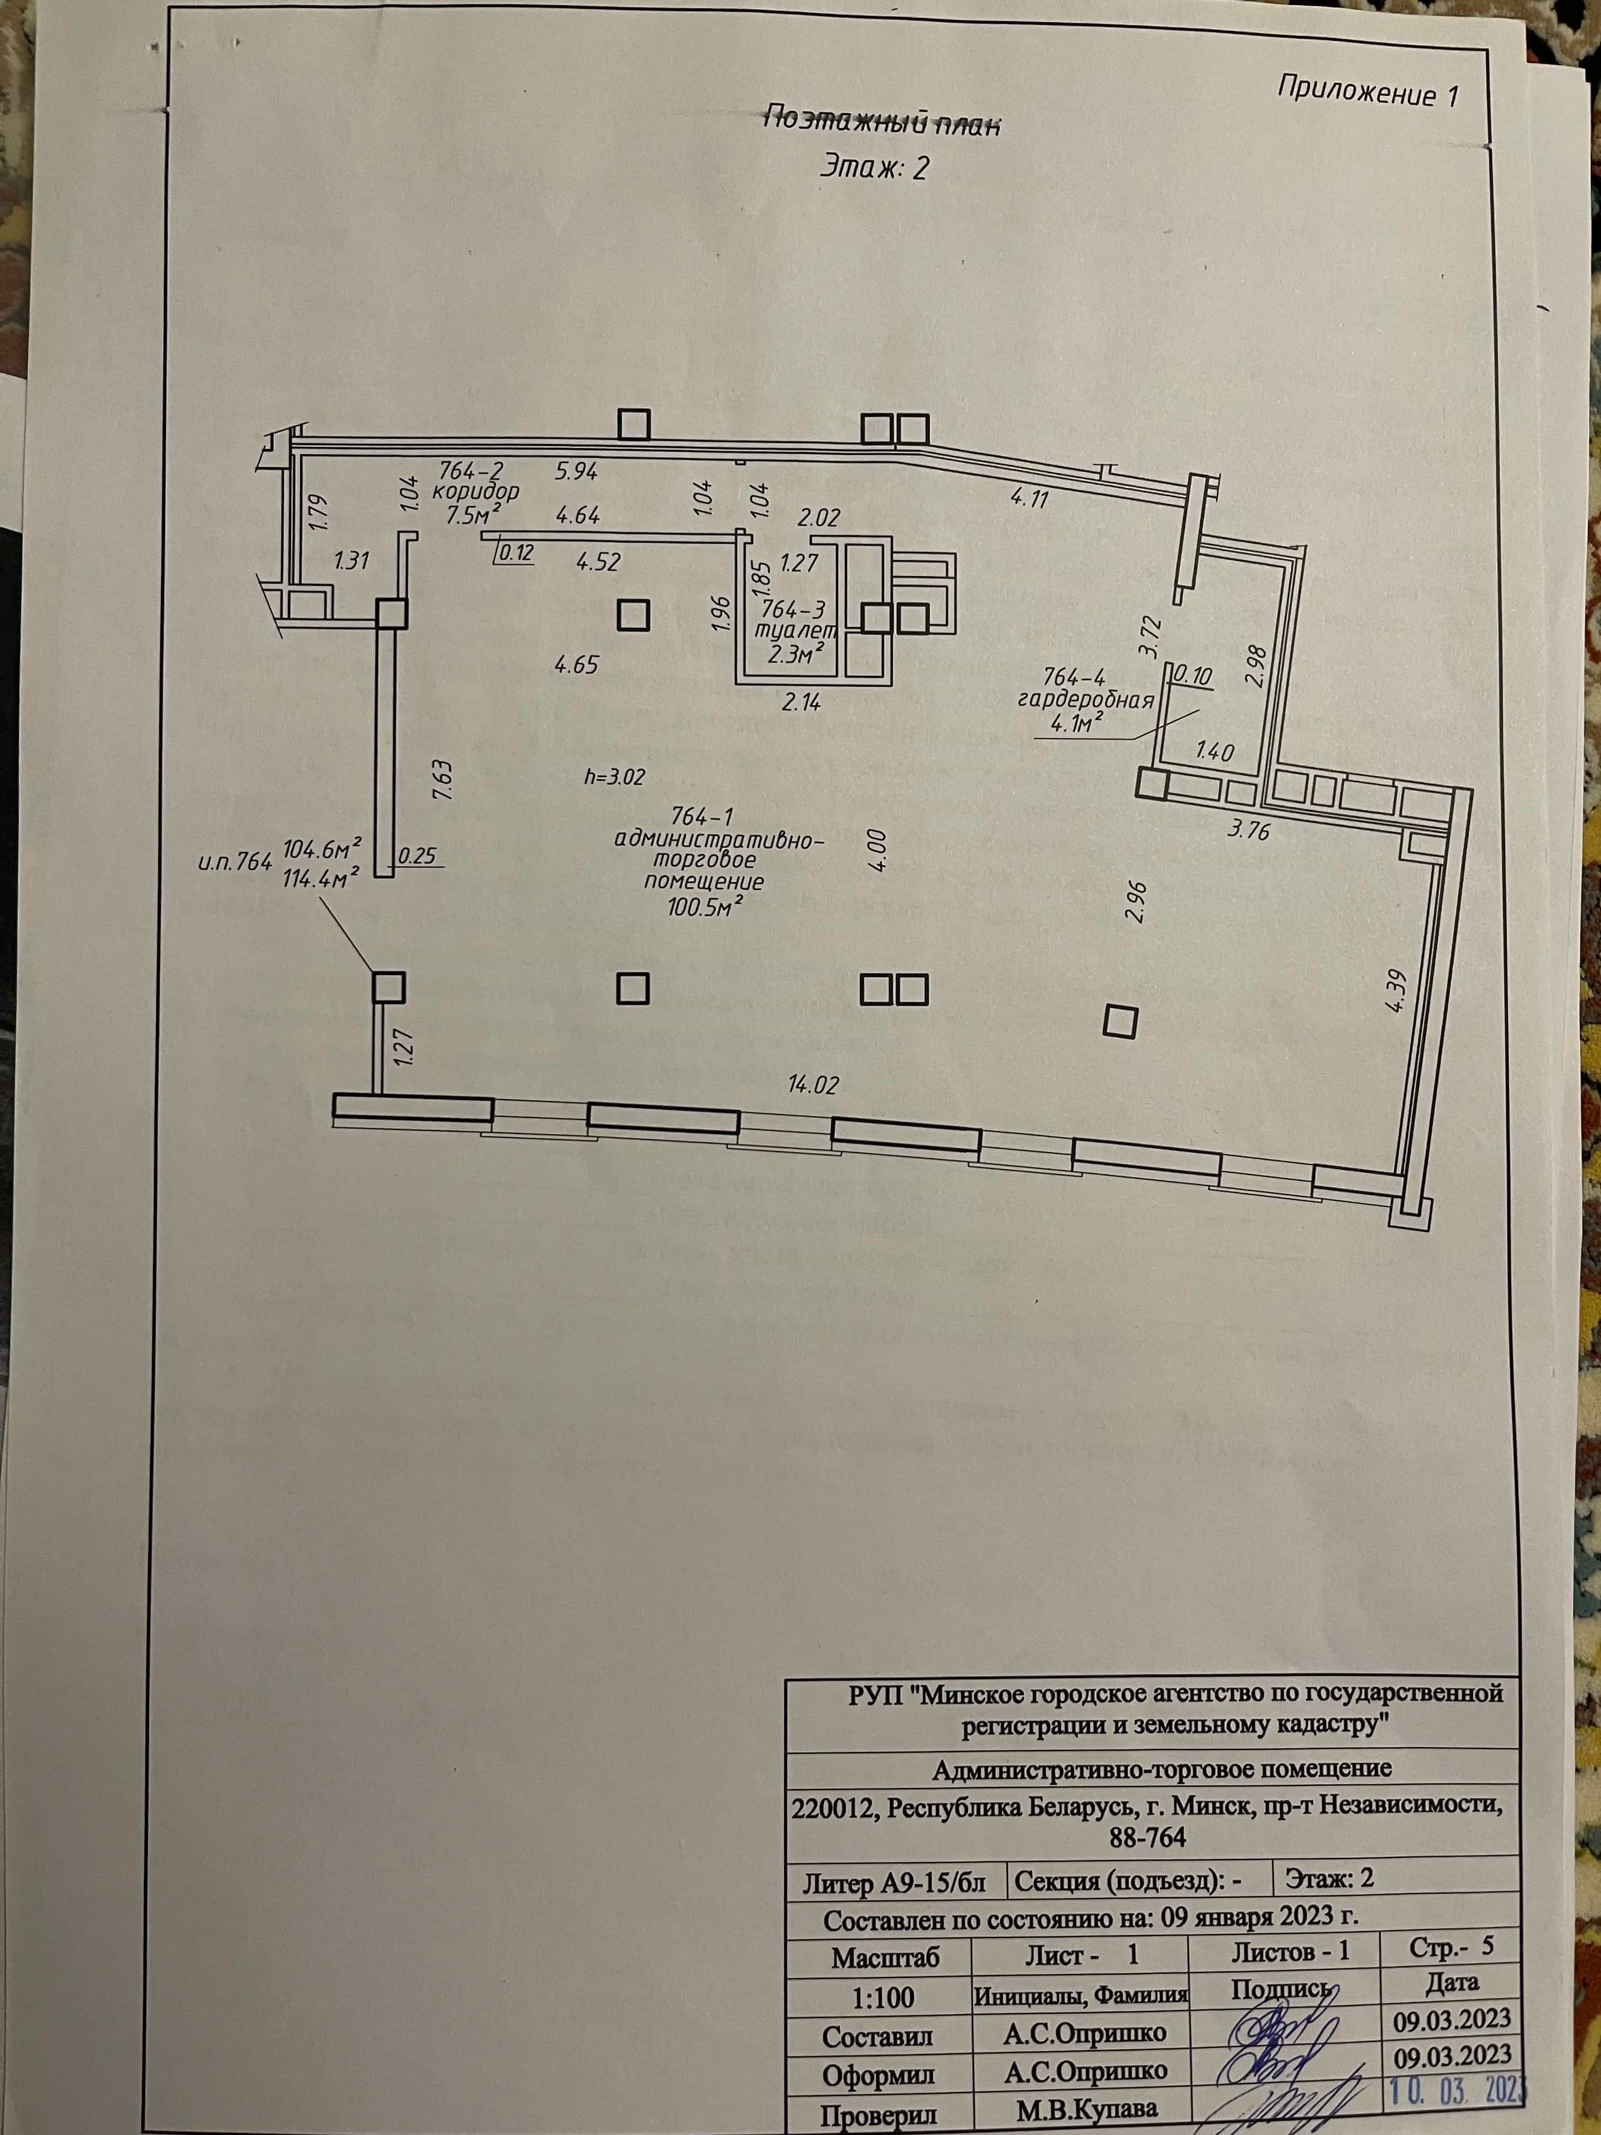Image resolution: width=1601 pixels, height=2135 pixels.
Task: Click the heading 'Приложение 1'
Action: [1368, 92]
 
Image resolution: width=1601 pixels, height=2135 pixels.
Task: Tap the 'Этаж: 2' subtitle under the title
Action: [874, 168]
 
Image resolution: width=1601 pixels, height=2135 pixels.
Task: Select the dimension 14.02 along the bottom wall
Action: [813, 1085]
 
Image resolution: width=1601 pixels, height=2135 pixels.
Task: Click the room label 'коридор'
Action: [476, 491]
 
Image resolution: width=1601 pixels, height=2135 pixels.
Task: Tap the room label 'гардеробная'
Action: [1086, 701]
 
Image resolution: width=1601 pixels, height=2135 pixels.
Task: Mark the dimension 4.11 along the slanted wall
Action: [1029, 499]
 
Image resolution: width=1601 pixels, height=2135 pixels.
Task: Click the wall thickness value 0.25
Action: [417, 855]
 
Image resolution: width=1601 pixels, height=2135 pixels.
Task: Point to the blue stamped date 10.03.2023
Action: [1459, 2087]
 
